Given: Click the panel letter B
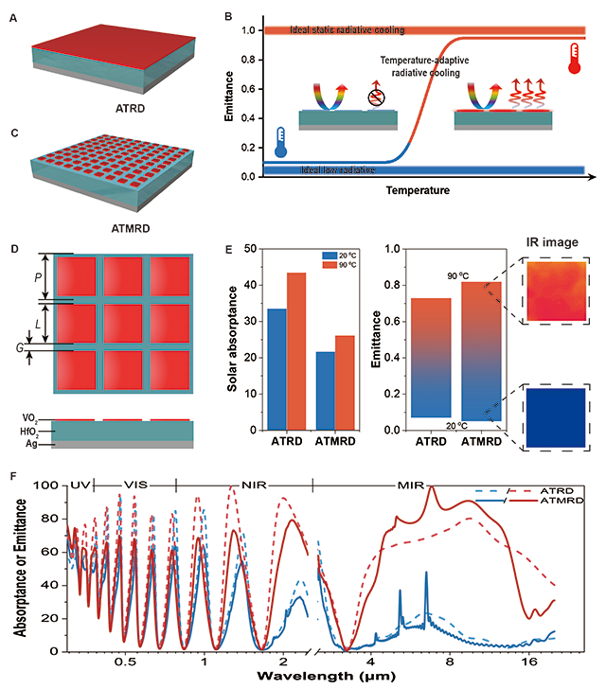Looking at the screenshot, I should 224,16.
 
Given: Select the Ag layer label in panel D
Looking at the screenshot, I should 34,443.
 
